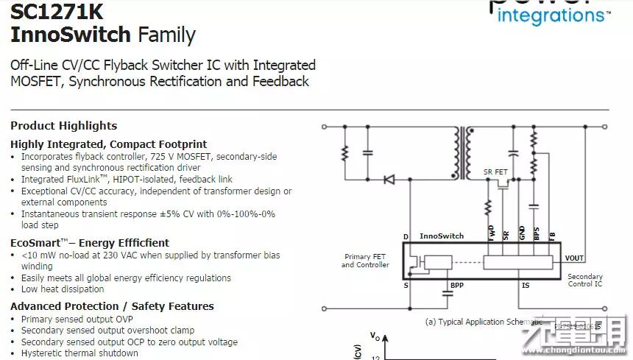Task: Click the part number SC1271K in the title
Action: click(57, 12)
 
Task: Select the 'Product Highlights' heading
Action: click(63, 126)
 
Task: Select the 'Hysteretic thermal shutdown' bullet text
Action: click(79, 353)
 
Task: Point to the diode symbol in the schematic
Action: click(389, 180)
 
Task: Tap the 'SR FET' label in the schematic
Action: click(495, 172)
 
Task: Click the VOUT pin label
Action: click(574, 258)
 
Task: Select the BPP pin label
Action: click(457, 284)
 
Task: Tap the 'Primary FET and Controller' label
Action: click(365, 261)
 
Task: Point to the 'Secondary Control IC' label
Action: click(585, 280)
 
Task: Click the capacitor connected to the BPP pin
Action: click(447, 294)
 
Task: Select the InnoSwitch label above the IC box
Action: click(442, 236)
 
